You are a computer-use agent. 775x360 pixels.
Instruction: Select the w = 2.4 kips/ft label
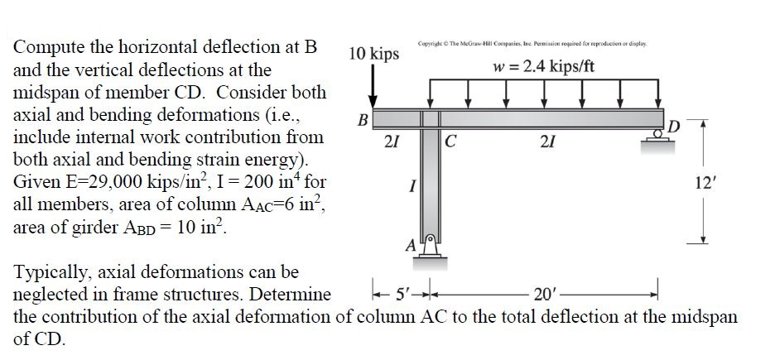543,66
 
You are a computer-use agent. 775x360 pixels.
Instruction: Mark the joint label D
675,126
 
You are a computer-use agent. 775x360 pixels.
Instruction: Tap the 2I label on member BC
392,141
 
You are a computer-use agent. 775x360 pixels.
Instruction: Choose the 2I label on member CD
546,141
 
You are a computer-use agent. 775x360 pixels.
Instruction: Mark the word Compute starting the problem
46,48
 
